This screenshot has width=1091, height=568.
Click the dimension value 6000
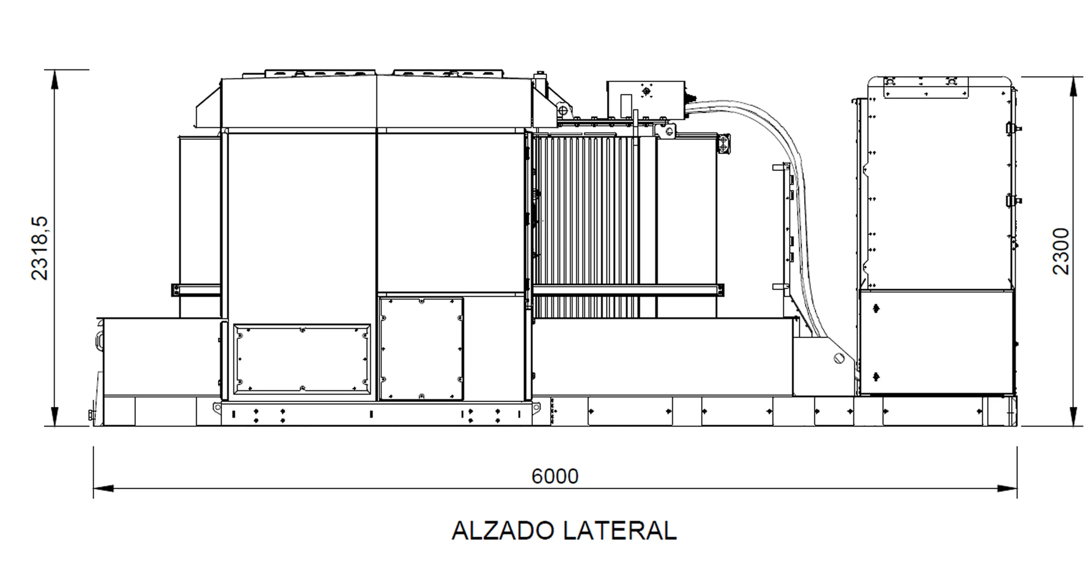pos(555,476)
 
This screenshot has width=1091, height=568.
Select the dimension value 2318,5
pos(40,249)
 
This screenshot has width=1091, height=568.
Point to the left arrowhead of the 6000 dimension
pos(104,488)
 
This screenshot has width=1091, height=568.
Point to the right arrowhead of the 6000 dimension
pos(1007,488)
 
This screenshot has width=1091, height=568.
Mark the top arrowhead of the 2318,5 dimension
pos(55,80)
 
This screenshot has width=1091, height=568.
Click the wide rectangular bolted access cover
pos(302,358)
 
